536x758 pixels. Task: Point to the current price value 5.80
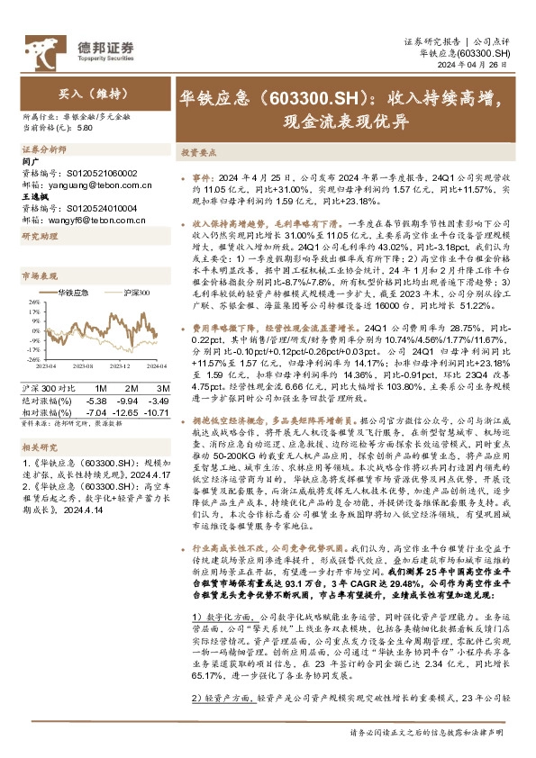click(x=86, y=127)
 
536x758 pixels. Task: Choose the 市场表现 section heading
click(x=38, y=275)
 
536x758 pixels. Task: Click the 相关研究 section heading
click(x=38, y=447)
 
